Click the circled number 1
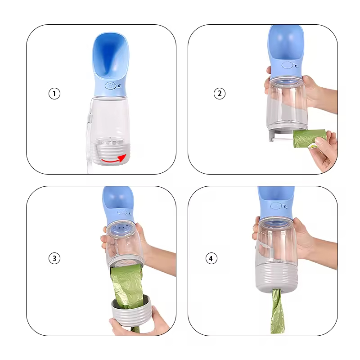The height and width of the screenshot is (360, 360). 54,94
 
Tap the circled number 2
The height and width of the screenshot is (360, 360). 219,94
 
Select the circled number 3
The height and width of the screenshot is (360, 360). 54,258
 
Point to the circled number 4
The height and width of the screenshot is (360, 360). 211,258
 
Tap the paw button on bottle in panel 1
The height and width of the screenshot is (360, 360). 110,84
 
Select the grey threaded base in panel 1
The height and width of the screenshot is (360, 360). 111,153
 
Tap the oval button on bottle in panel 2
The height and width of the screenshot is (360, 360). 286,65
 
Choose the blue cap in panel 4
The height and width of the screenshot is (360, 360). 275,200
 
